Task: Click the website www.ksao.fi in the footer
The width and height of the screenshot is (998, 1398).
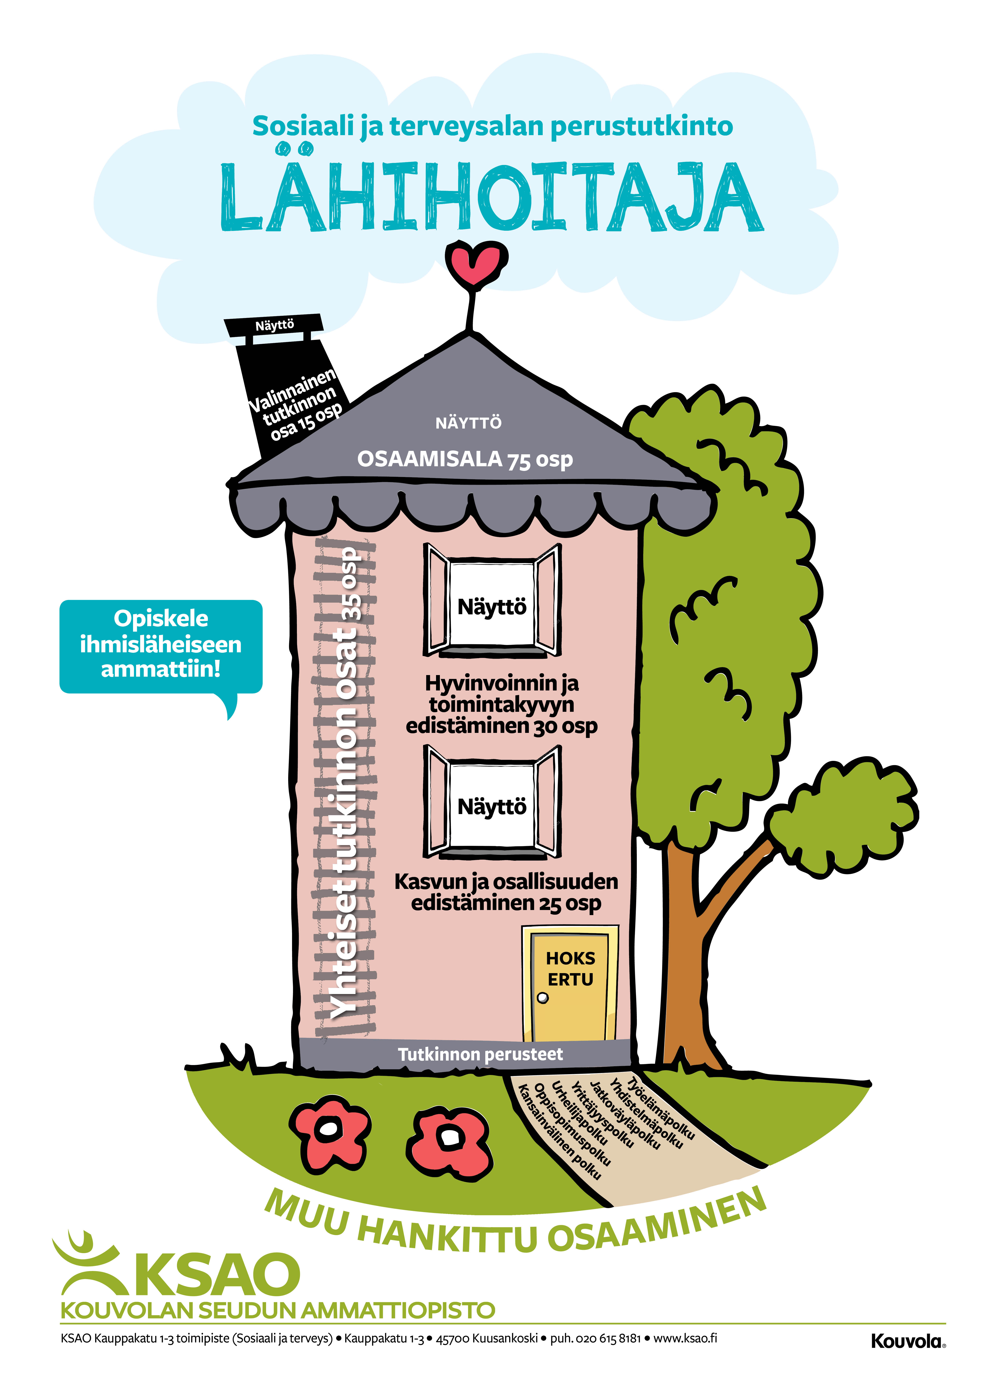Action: (685, 1338)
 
